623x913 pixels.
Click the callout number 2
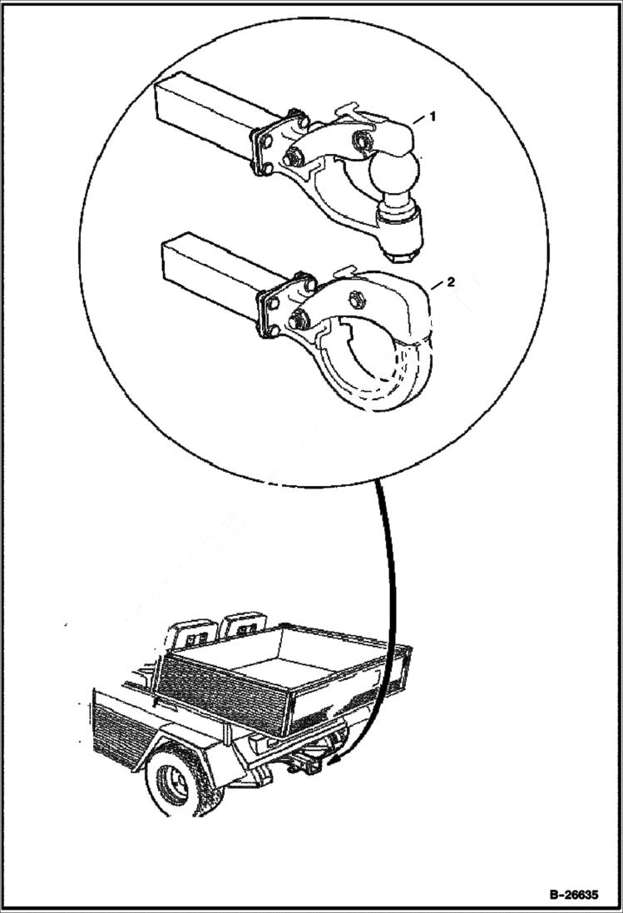pos(450,283)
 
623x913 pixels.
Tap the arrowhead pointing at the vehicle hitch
pos(334,759)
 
